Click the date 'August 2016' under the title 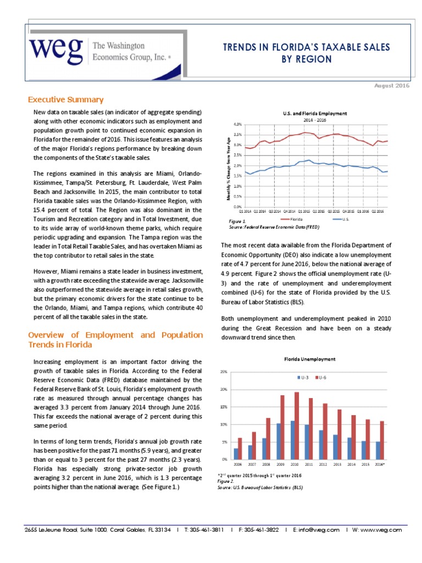coord(392,86)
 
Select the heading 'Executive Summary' coord(65,100)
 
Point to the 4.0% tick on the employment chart coord(237,124)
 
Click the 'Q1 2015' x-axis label coord(305,211)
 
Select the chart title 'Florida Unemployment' coord(309,359)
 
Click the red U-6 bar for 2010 coord(297,426)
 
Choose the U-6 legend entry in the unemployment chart coord(320,378)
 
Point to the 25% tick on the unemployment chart coord(224,372)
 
